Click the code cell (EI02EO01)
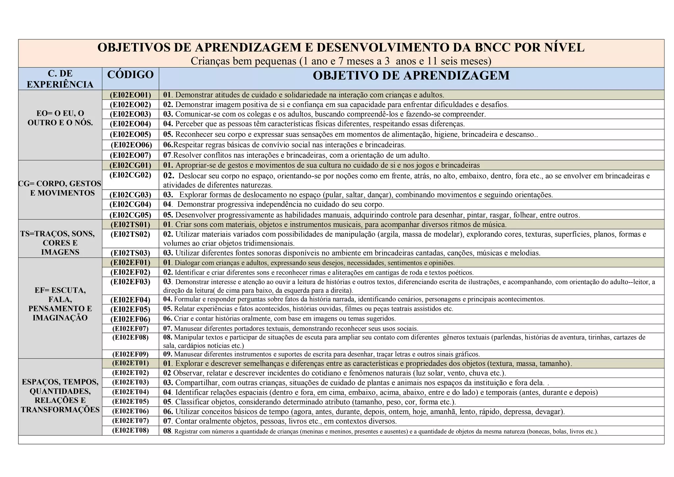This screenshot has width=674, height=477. [x=130, y=95]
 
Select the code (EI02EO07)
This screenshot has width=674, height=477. [x=130, y=155]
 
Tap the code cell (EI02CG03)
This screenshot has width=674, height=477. [x=130, y=195]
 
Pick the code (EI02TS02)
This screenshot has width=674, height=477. [x=130, y=234]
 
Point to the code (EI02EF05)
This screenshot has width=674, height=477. [x=130, y=309]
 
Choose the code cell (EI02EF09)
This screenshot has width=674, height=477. [x=130, y=354]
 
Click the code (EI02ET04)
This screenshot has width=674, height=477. [x=130, y=392]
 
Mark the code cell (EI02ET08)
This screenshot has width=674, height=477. [x=130, y=430]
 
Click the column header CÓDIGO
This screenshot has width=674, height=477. [x=130, y=75]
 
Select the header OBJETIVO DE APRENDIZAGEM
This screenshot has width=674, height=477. [x=411, y=76]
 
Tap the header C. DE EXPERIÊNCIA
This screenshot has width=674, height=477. [x=60, y=79]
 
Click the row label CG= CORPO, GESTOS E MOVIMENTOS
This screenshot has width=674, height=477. [x=60, y=188]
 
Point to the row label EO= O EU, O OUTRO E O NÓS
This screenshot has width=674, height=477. [x=60, y=118]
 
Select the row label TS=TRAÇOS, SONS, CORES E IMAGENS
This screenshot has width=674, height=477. [x=60, y=243]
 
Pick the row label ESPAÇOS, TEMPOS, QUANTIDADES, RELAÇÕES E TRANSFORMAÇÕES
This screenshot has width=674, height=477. [x=60, y=396]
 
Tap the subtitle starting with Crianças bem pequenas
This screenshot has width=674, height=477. [x=341, y=61]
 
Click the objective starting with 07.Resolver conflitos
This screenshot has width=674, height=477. [x=297, y=155]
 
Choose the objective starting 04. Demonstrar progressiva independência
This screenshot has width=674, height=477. [x=274, y=204]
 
